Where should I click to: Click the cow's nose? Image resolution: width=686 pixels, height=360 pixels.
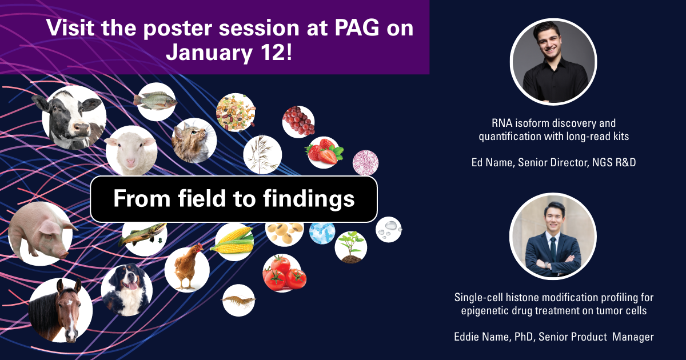coord(81,128)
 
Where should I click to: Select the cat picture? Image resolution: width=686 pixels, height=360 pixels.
coord(194,141)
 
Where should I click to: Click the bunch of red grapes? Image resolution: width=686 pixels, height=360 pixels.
coord(298,121)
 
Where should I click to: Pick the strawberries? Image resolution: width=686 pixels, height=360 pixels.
coord(324,152)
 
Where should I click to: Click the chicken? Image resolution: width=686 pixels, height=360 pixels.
coord(188,266)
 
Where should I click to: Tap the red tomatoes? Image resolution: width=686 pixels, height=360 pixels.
coord(284,273)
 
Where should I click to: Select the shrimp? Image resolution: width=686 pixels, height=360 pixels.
coord(238,299)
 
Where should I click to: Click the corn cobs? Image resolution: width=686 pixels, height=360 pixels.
coord(233,241)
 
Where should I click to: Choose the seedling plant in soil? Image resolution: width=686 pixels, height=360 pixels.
coord(351,247)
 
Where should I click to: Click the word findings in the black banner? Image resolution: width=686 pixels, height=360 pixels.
coord(309,199)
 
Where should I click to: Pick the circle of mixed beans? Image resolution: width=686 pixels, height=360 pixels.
coord(236,113)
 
